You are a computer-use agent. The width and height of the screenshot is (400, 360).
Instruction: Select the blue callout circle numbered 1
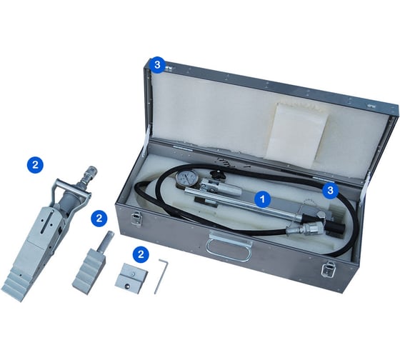tap(263, 199)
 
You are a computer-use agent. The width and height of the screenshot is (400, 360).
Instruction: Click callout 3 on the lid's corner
tap(158, 65)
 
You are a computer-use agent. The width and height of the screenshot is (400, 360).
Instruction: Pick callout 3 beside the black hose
tap(330, 190)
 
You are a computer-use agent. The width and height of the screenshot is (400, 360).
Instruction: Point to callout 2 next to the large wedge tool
tap(36, 165)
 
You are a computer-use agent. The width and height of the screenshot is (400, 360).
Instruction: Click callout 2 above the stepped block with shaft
tap(99, 218)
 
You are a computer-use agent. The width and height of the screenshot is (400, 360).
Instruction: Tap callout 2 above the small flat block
tap(141, 254)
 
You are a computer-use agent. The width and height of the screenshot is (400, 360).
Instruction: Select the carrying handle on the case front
tap(229, 246)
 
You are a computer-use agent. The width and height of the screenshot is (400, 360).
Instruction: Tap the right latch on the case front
tap(328, 270)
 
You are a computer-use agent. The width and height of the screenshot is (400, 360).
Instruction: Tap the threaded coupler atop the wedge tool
tap(89, 175)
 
